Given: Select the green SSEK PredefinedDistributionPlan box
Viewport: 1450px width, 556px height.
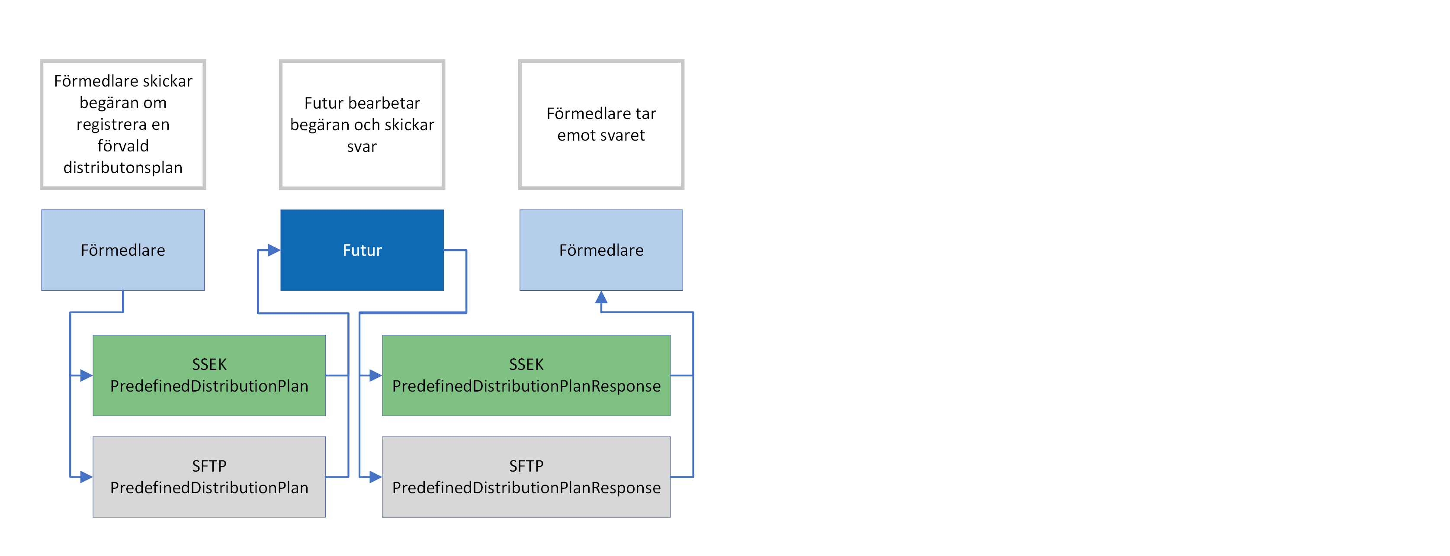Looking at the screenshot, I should [x=209, y=376].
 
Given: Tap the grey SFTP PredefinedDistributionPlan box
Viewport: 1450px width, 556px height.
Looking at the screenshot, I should [x=209, y=477].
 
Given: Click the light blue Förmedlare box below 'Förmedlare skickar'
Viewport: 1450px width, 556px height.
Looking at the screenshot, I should [x=123, y=250].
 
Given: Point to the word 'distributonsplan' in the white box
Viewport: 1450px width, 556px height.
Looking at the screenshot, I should [x=123, y=168].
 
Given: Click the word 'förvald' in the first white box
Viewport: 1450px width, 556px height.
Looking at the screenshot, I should [x=123, y=146].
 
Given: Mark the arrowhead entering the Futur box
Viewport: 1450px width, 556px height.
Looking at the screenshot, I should [x=274, y=250].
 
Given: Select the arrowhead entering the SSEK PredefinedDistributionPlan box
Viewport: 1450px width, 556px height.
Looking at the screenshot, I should [x=86, y=376].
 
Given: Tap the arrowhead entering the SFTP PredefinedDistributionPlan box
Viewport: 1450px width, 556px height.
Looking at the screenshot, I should [x=86, y=477].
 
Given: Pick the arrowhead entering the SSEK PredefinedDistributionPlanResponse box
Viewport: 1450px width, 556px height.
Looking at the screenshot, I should [x=375, y=376].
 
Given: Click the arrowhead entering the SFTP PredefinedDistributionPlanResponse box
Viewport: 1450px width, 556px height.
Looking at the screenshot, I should [x=375, y=477].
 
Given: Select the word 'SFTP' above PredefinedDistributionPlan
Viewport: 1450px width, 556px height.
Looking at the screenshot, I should [x=209, y=466].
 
